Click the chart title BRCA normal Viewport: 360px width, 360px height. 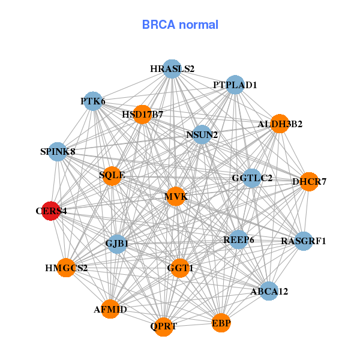click(180, 25)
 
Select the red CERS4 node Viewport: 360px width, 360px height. click(51, 211)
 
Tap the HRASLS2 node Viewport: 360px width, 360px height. click(172, 68)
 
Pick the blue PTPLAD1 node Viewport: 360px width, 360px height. click(235, 85)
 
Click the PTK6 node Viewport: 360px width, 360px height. click(93, 101)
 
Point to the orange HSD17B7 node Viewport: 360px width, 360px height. click(142, 114)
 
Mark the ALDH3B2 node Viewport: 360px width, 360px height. click(280, 124)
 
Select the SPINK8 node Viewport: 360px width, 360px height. click(58, 151)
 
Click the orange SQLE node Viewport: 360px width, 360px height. click(112, 175)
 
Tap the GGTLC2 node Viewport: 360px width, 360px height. click(252, 178)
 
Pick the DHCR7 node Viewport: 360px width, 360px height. click(309, 181)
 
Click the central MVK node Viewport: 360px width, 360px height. click(175, 196)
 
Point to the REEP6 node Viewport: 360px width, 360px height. click(239, 239)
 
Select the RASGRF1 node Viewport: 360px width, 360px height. click(304, 241)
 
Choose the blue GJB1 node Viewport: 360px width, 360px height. click(117, 244)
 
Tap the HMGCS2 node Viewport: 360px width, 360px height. click(66, 268)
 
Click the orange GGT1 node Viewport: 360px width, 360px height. click(180, 268)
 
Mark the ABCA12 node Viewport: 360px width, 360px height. click(269, 292)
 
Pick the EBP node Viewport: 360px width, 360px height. click(221, 323)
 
